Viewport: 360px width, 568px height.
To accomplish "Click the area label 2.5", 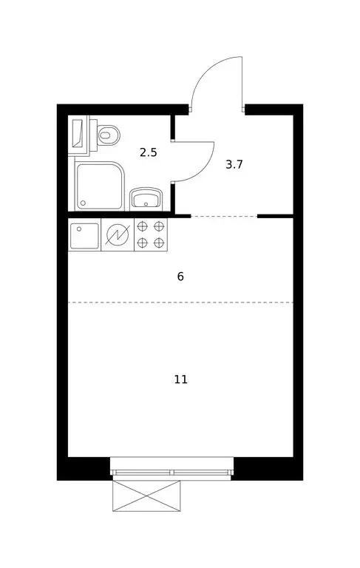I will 149,153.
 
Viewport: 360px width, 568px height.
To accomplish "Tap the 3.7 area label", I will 234,164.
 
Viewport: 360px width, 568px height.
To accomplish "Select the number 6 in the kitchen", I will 180,277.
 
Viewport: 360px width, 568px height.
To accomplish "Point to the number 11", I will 180,379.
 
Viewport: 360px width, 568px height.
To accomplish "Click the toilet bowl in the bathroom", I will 109,135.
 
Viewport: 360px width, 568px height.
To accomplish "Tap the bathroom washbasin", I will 146,198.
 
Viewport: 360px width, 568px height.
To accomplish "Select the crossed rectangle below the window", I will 146,496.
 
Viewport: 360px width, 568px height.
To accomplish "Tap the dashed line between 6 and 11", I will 180,302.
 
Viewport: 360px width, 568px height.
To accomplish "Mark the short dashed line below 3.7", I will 224,216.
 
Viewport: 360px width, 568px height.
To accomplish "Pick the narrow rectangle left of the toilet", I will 78,134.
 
